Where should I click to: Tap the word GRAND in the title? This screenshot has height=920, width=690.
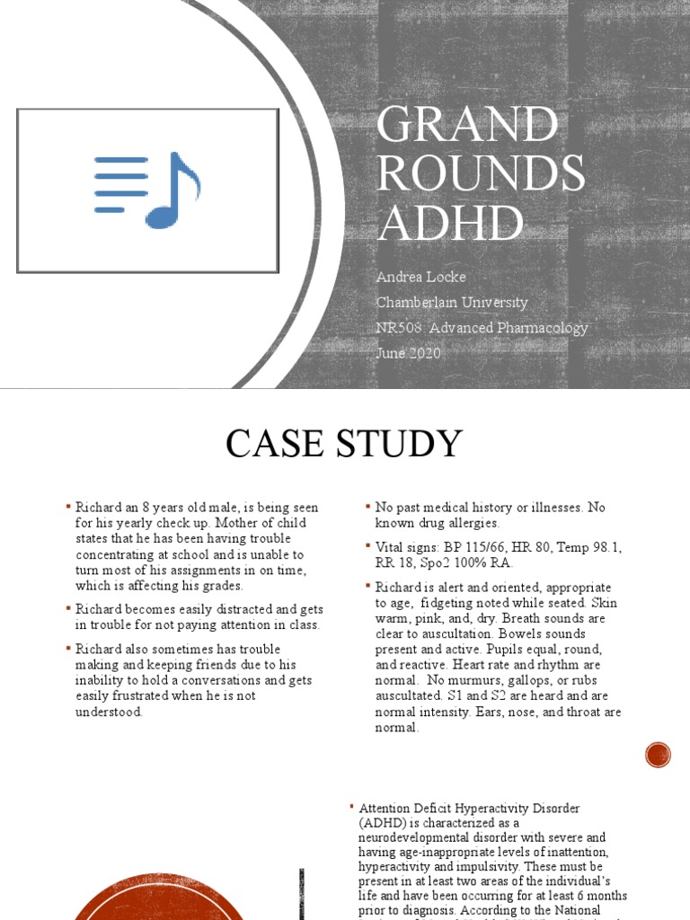(x=466, y=125)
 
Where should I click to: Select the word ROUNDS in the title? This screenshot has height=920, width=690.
(x=481, y=173)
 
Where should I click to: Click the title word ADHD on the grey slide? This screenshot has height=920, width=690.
(x=450, y=222)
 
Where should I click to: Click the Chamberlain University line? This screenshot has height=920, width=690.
(x=452, y=303)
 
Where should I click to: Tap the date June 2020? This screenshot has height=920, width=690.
(x=409, y=353)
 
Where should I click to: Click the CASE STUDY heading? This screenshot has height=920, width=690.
(x=344, y=444)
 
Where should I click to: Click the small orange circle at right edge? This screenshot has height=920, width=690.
(x=659, y=755)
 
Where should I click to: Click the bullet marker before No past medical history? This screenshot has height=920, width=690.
(x=367, y=508)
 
